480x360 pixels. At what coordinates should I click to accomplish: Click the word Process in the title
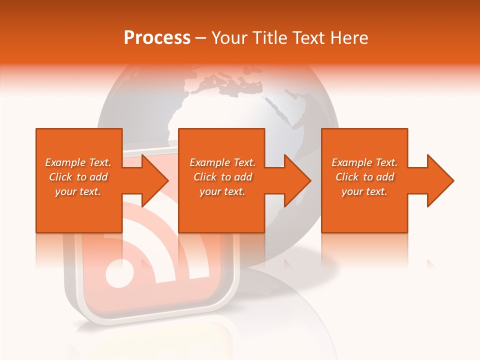157,37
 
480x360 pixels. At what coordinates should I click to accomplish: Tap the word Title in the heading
270,37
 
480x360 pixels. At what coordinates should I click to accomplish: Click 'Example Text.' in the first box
78,162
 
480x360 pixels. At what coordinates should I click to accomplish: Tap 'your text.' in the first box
78,191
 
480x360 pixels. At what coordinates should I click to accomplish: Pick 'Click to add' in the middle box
222,177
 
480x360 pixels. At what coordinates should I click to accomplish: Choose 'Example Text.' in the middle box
222,162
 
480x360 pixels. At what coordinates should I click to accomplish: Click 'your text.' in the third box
364,191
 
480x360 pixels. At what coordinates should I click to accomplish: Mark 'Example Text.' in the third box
364,162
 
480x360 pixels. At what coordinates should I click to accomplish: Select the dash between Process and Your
201,38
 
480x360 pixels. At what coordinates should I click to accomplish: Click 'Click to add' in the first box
78,177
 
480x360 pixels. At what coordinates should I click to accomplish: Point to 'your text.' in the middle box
222,191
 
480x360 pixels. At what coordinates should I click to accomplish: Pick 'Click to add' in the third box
364,177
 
